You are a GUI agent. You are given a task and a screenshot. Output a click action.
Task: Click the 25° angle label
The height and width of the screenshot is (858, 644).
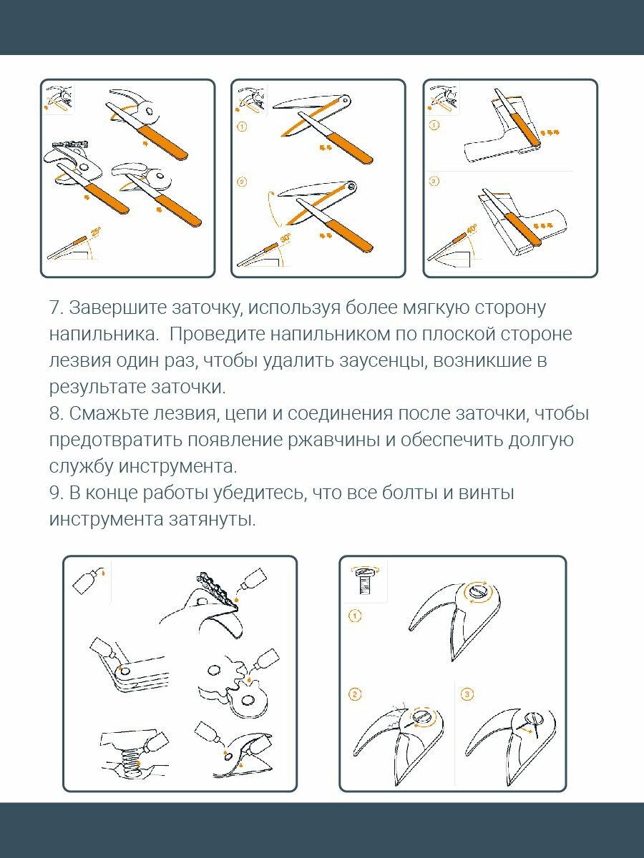tap(95, 231)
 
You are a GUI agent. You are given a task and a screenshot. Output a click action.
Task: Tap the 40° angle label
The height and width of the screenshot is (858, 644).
tap(472, 230)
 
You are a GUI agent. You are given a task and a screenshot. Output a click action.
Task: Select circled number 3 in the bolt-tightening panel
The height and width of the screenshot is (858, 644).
tap(467, 694)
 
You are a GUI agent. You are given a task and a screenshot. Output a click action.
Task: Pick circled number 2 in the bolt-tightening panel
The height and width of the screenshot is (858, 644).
tap(355, 694)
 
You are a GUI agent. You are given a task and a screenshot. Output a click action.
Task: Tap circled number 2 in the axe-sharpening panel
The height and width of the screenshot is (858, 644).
tap(434, 182)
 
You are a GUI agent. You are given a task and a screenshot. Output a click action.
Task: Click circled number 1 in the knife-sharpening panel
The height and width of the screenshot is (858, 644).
tap(242, 127)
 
